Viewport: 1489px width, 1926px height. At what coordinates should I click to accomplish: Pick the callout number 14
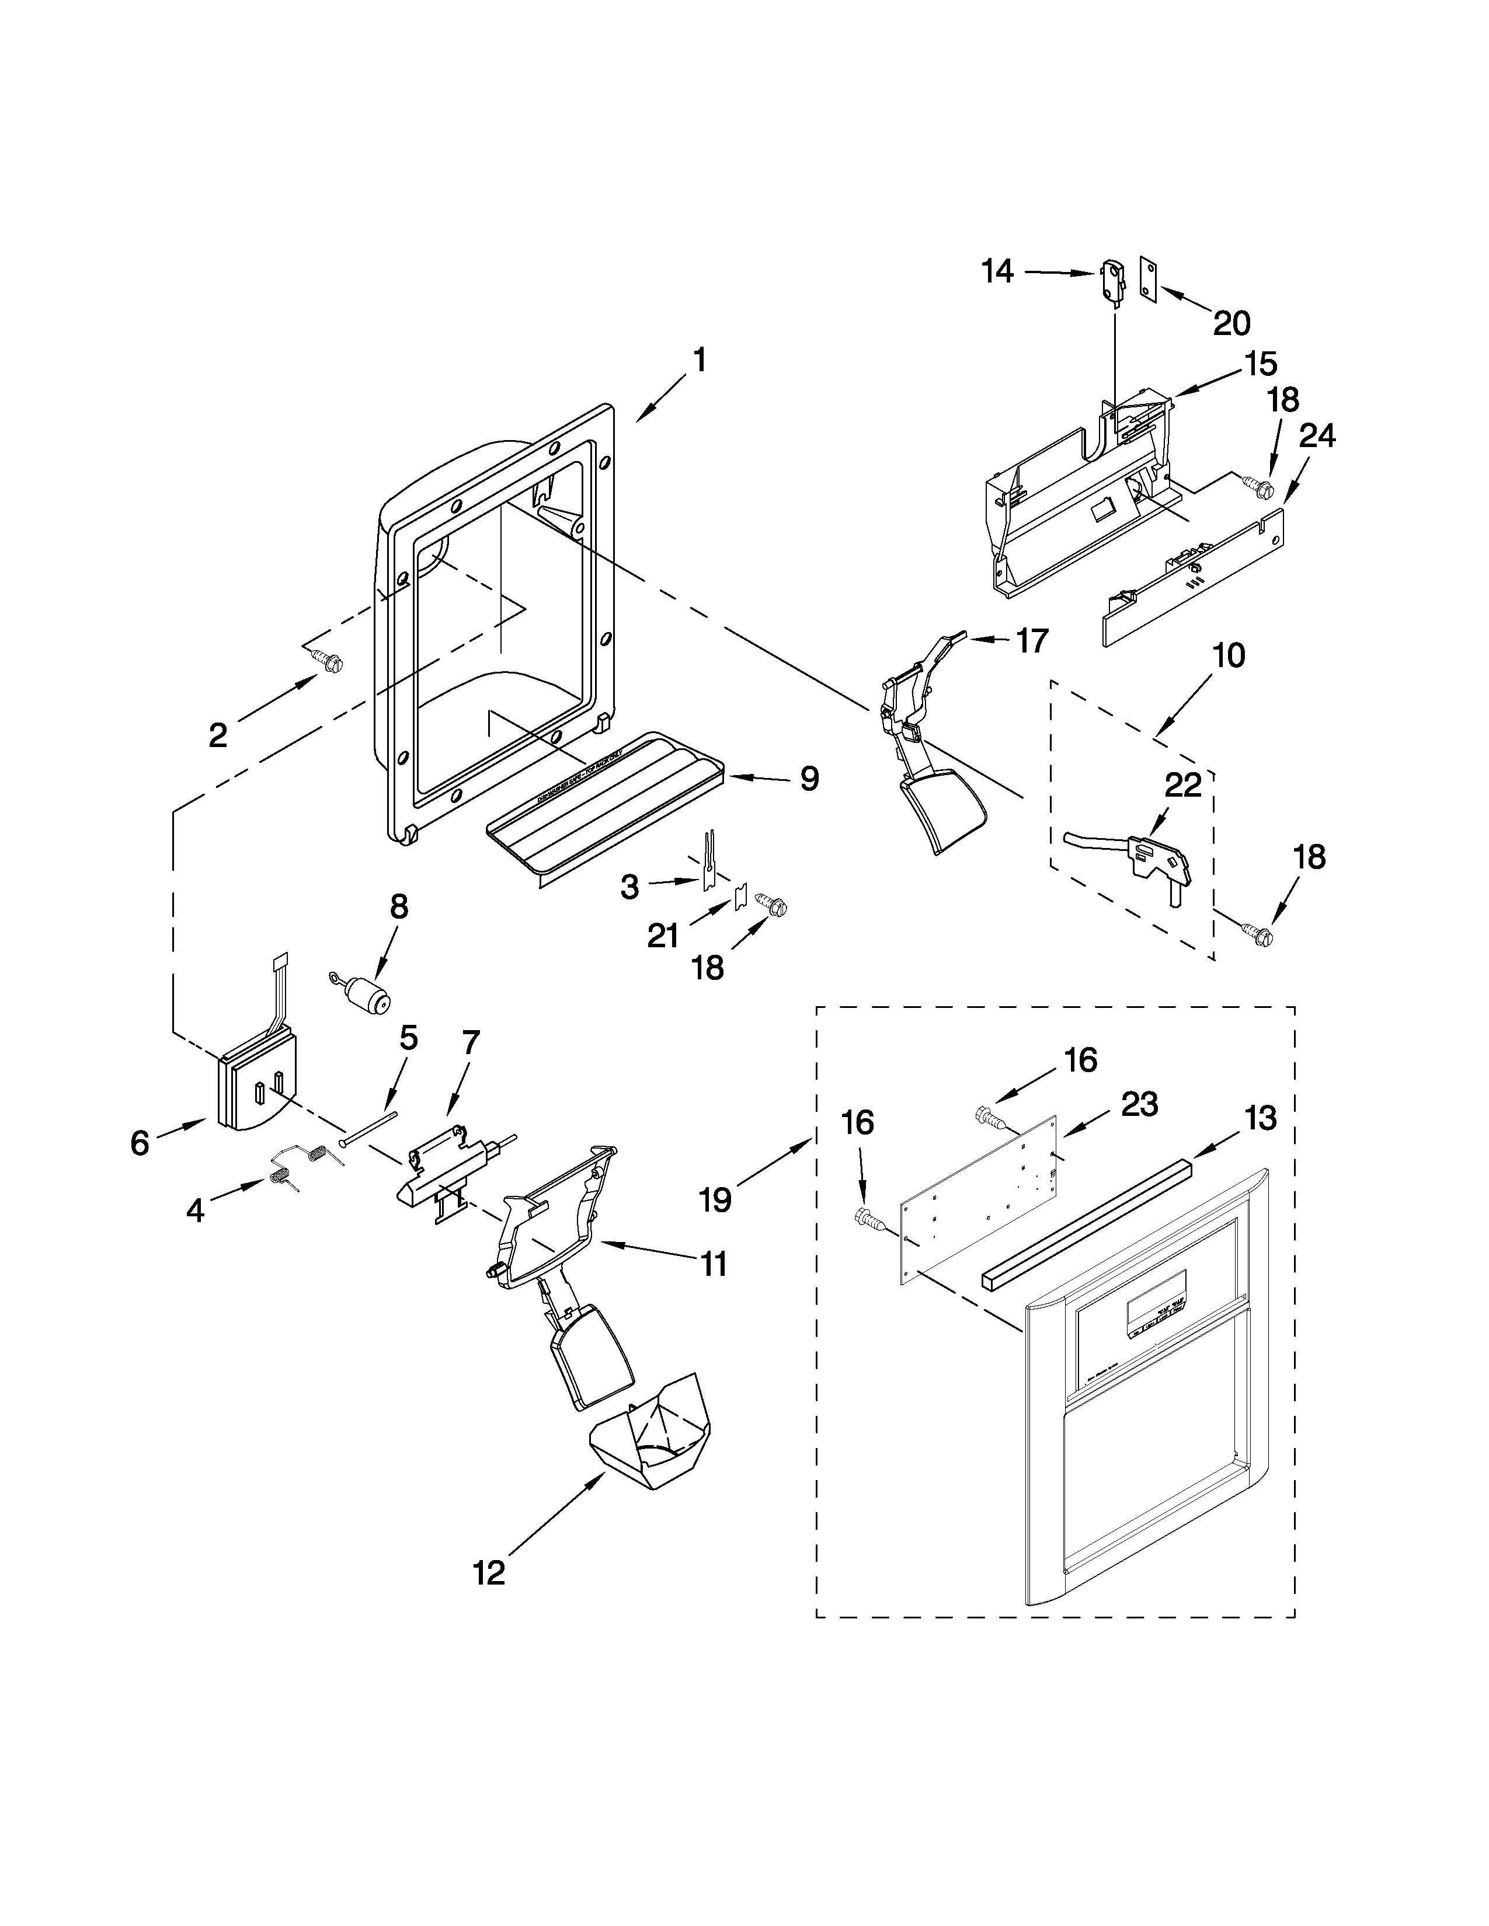click(x=998, y=271)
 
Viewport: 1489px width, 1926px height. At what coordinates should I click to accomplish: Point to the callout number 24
click(x=1316, y=435)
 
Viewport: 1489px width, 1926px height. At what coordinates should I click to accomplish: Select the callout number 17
click(x=1031, y=640)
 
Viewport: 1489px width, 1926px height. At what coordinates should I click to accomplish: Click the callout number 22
click(x=1183, y=785)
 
